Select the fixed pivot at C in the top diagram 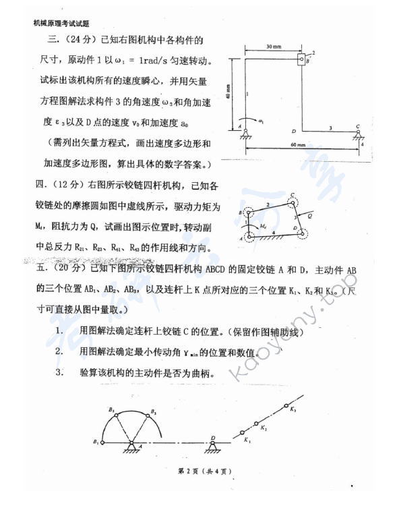pos(357,132)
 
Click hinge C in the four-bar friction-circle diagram pos(293,200)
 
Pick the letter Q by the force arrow pos(309,217)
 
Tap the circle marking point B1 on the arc pos(102,442)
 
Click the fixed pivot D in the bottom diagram pos(212,442)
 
